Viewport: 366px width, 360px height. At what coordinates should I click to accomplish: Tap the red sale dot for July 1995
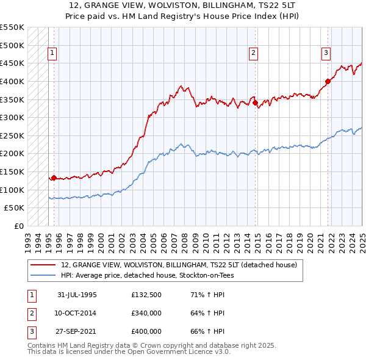coord(54,178)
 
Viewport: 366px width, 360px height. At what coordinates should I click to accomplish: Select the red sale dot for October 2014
coord(255,103)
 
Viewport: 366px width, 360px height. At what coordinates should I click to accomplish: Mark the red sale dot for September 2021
coord(328,81)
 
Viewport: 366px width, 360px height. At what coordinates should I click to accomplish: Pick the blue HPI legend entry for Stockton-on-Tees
coord(147,275)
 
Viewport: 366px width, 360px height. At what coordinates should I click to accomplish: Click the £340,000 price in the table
coord(146,313)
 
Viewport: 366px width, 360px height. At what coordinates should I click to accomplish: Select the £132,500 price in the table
coord(146,295)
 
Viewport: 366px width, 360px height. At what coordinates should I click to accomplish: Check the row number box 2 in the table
coord(31,313)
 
